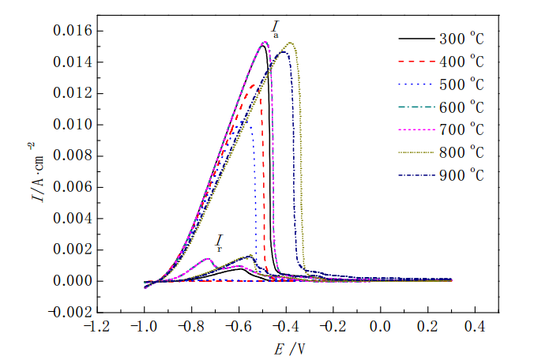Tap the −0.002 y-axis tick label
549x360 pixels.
[68, 313]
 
